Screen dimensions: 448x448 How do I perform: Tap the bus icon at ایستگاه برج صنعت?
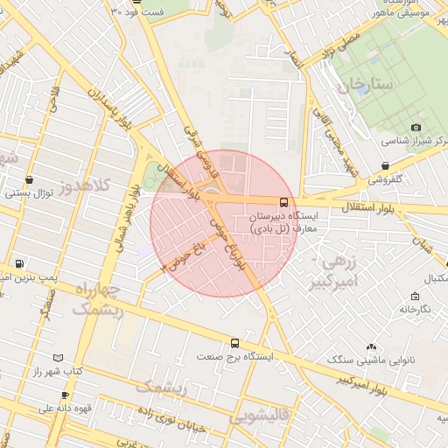point(234,344)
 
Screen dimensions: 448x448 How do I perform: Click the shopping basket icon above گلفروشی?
point(386,165)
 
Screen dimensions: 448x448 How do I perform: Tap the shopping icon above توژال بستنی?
point(31,179)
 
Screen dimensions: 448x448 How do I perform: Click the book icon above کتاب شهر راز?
point(59,359)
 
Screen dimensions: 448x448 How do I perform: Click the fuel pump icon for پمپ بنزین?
point(19,263)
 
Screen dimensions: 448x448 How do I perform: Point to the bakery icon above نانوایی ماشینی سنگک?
point(372,348)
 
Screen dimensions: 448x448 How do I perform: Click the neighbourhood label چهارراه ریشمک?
point(96,299)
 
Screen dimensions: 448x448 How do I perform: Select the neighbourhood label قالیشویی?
point(260,417)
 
